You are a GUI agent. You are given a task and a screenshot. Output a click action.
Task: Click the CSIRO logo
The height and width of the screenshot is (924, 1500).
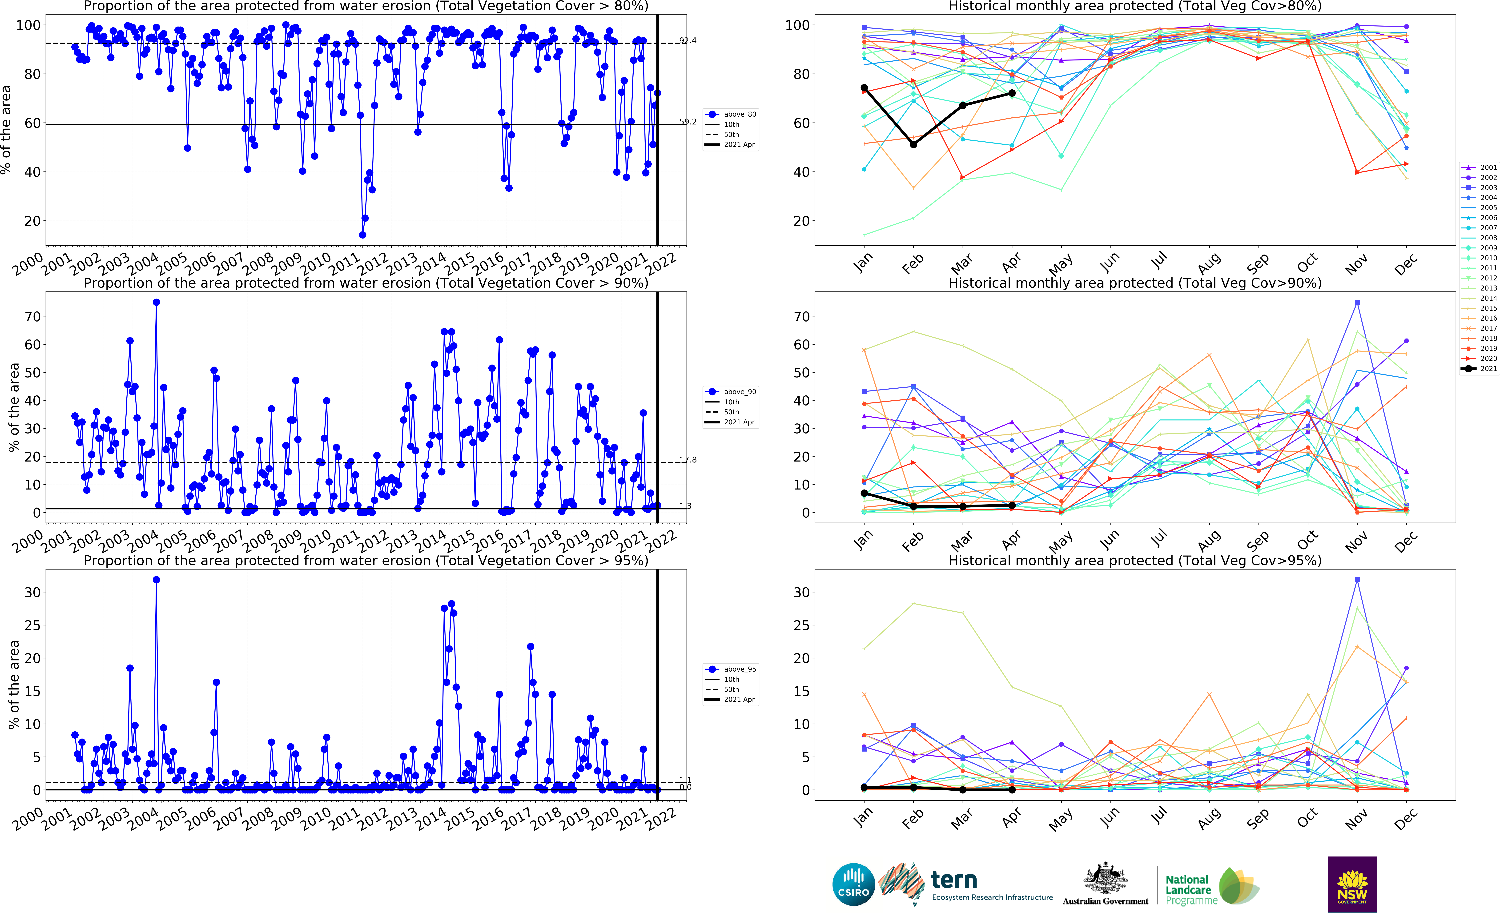click(x=853, y=884)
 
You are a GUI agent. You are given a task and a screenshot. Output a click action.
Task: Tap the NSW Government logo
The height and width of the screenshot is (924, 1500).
click(x=1352, y=884)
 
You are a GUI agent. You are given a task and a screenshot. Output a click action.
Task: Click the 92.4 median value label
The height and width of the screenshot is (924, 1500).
click(x=688, y=40)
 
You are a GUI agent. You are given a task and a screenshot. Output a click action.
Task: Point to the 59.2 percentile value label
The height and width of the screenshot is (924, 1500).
click(x=688, y=122)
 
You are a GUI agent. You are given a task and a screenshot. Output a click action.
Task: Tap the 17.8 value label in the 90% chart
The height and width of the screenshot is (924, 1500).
click(x=688, y=460)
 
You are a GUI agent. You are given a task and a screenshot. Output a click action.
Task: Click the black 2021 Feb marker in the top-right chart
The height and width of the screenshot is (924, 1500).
click(x=913, y=144)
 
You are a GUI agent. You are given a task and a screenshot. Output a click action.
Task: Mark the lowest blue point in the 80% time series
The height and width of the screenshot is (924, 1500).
click(x=362, y=235)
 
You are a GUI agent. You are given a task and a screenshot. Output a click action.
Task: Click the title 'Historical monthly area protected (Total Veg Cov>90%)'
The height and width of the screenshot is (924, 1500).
click(x=1134, y=283)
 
